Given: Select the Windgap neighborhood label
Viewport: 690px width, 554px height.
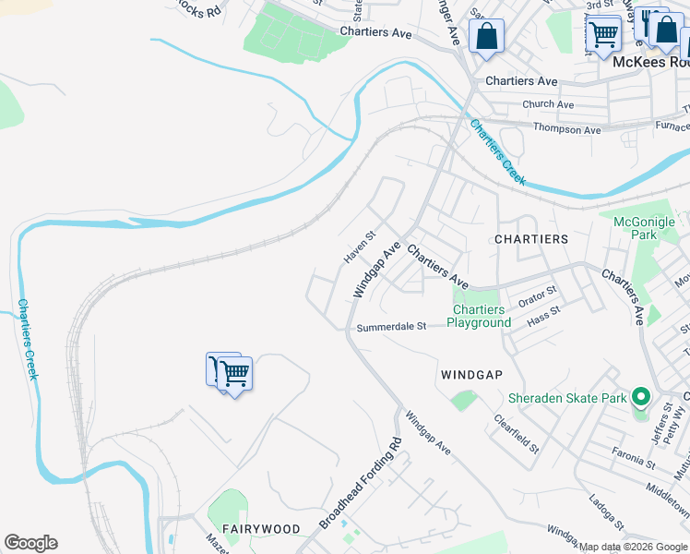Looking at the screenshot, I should pos(471,375).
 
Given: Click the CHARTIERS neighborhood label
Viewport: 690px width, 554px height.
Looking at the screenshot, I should pos(531,239).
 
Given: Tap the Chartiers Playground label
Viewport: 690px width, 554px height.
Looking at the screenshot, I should pos(479,317).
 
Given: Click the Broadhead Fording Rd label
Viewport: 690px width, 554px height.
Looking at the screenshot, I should pos(363,483).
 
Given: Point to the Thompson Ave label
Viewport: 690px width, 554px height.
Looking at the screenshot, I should pos(567,130).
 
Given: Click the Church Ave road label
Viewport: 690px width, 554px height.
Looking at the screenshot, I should pos(547,105).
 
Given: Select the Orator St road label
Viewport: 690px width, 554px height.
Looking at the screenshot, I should pos(537,295).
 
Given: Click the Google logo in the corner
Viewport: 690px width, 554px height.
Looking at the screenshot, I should pos(30,543).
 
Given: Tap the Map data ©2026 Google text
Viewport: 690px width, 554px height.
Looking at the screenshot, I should pos(633,547).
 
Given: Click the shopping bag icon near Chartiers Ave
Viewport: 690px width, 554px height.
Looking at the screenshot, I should pos(486,38).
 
